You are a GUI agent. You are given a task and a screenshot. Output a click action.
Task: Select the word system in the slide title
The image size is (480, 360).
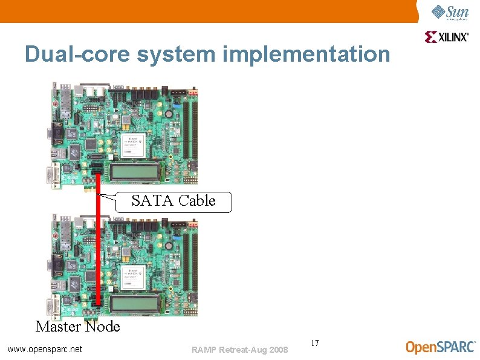coord(176,54)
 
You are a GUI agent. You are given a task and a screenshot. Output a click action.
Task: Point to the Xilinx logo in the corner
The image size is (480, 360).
coord(447,37)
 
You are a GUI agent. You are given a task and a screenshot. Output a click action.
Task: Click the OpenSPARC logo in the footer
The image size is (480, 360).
coord(441,347)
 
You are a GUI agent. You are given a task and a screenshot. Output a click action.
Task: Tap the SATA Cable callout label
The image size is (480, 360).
coord(174,201)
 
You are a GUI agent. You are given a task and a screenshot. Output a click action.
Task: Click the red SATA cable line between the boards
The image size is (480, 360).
coord(98,242)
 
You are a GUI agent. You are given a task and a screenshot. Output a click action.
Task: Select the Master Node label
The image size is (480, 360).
coord(78,327)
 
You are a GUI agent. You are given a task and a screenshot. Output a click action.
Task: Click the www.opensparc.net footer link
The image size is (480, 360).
coord(45,349)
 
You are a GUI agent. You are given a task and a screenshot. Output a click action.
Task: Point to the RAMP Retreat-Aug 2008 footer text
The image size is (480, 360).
coord(239,349)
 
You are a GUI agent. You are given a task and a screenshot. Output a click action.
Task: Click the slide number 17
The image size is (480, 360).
coord(314,344)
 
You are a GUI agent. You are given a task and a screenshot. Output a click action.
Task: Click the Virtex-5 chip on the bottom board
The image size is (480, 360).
coord(135,273)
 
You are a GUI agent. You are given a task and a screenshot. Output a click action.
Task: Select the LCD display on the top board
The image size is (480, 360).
coord(135,172)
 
